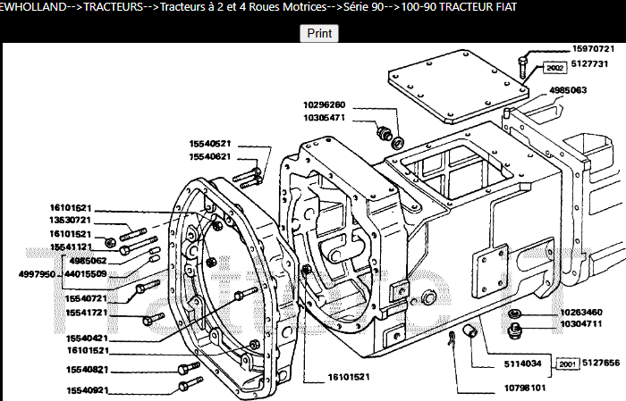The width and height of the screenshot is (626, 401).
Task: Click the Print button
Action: pyautogui.click(x=319, y=33)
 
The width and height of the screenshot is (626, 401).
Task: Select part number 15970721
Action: pyautogui.click(x=593, y=49)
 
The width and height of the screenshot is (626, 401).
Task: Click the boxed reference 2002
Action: pyautogui.click(x=553, y=67)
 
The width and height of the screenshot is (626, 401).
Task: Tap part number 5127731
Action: pyautogui.click(x=593, y=64)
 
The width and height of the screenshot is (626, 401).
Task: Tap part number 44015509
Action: pyautogui.click(x=86, y=274)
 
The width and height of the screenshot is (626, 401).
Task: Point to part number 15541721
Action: pyautogui.click(x=86, y=313)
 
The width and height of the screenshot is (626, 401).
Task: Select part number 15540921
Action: pyautogui.click(x=86, y=390)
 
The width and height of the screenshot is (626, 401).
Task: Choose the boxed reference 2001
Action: pyautogui.click(x=565, y=364)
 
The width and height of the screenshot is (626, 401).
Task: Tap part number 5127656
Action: pyautogui.click(x=602, y=363)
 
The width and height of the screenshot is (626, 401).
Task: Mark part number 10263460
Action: pyautogui.click(x=581, y=312)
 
